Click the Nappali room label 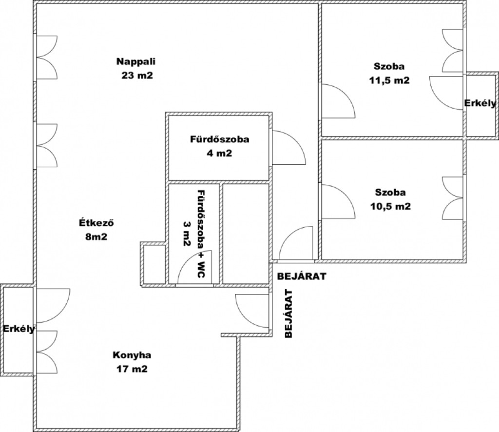tap(136, 61)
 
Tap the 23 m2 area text tap(137, 76)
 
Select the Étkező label tap(96, 223)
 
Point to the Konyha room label tap(132, 355)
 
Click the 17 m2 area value tap(132, 369)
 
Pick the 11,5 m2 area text tap(389, 80)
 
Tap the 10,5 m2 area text tap(390, 207)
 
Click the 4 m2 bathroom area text tap(220, 154)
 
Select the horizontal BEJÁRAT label tap(302, 276)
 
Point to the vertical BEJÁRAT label tap(288, 314)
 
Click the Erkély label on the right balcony tap(480, 103)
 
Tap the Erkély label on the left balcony tap(19, 329)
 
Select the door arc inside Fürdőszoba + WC tap(188, 259)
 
